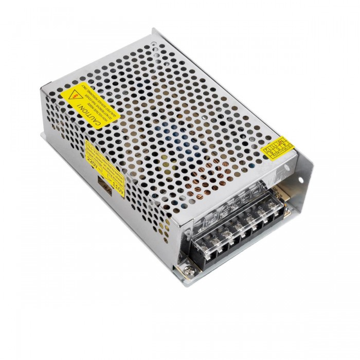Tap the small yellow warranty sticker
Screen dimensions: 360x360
(278, 148)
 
